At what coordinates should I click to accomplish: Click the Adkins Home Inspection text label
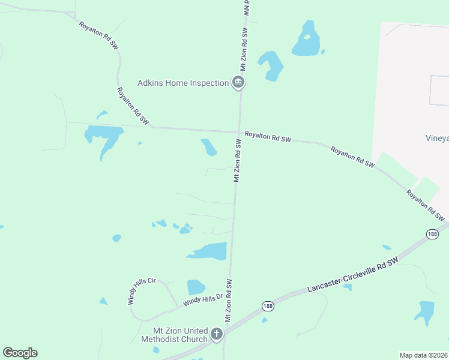(x=183, y=83)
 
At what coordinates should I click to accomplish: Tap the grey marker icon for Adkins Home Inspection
(x=238, y=83)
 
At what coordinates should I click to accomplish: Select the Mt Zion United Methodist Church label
(x=174, y=335)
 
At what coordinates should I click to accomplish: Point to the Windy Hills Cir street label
(x=142, y=291)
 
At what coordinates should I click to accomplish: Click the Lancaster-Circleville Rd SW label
(x=352, y=277)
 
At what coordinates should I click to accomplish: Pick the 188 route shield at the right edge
(x=432, y=234)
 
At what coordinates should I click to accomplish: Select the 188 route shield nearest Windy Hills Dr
(x=268, y=306)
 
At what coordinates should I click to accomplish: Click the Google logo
(x=20, y=353)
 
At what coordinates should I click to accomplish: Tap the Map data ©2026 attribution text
(x=423, y=355)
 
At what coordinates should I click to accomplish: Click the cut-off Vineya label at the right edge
(x=437, y=138)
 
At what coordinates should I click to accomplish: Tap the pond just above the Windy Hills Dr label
(x=196, y=287)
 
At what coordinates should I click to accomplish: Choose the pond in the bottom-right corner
(x=425, y=311)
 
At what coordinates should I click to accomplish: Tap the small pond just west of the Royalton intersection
(x=209, y=147)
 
